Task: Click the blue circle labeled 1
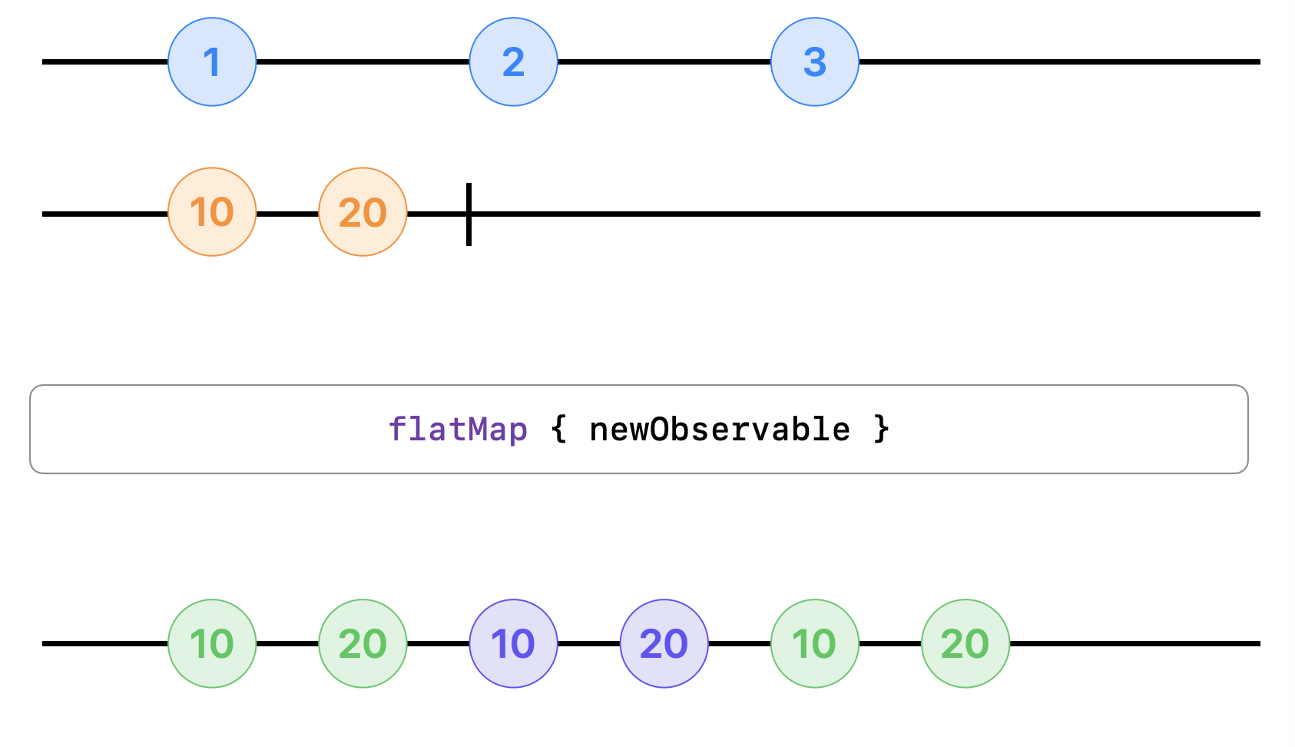point(212,62)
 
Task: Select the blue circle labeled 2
point(513,62)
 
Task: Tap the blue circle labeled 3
point(815,62)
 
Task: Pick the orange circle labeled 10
point(212,212)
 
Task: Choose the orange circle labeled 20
point(363,212)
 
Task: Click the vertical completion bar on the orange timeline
point(469,214)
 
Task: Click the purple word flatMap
point(458,430)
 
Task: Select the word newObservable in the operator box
point(720,430)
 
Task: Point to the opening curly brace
point(558,430)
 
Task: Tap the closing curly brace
point(881,430)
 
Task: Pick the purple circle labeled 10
point(513,643)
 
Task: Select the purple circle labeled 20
point(664,643)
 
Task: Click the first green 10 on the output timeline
point(212,643)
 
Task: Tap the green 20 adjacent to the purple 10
point(363,643)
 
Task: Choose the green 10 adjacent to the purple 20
point(815,643)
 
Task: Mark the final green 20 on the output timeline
point(965,643)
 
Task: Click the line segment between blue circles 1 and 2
point(363,62)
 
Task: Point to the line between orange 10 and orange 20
point(287,214)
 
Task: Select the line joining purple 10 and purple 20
point(588,643)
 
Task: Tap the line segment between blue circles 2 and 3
point(664,62)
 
